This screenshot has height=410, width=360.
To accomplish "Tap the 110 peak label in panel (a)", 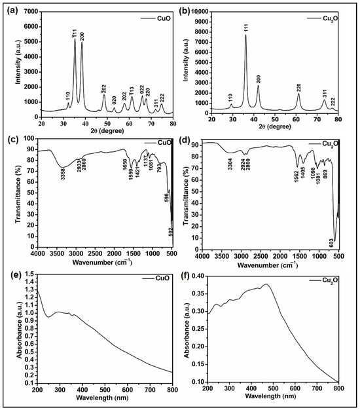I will [x=68, y=96].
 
